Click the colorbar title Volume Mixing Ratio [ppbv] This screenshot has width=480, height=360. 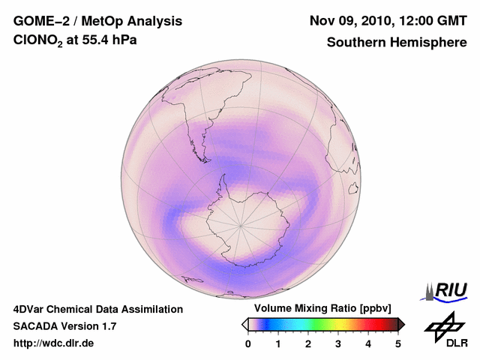point(323,309)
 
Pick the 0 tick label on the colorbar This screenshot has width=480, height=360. point(248,343)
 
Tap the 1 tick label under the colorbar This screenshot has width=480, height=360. point(278,343)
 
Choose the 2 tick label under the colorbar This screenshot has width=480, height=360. point(308,343)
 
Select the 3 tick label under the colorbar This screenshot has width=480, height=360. point(338,343)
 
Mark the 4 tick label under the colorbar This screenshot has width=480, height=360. point(368,343)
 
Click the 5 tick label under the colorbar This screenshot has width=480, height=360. point(398,343)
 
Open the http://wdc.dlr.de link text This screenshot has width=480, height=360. point(54,343)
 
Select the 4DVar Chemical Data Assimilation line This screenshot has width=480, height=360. point(98,309)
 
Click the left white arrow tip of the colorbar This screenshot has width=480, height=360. point(244,324)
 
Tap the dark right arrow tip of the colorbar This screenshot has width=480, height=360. point(402,324)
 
